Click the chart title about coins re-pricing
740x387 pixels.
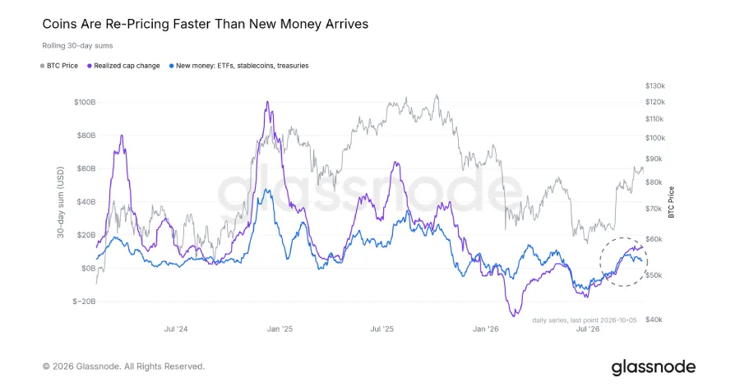[206, 24]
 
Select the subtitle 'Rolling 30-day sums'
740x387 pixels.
[77, 46]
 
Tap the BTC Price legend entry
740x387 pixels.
[59, 66]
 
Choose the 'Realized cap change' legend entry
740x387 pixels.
[123, 66]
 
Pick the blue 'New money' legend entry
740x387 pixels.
[238, 66]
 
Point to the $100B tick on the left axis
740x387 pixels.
[85, 102]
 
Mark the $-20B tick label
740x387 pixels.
[84, 302]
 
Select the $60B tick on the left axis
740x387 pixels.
[86, 168]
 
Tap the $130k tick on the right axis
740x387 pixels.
[655, 85]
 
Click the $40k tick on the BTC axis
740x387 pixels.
[654, 320]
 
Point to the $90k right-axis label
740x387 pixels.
[654, 159]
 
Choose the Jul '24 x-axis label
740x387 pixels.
[176, 329]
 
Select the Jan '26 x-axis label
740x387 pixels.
[486, 329]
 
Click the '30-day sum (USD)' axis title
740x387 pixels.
[60, 202]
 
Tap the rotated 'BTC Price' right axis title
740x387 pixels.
[671, 202]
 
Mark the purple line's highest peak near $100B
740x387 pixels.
[267, 101]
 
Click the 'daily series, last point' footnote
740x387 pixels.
[585, 320]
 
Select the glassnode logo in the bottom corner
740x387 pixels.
[654, 367]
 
